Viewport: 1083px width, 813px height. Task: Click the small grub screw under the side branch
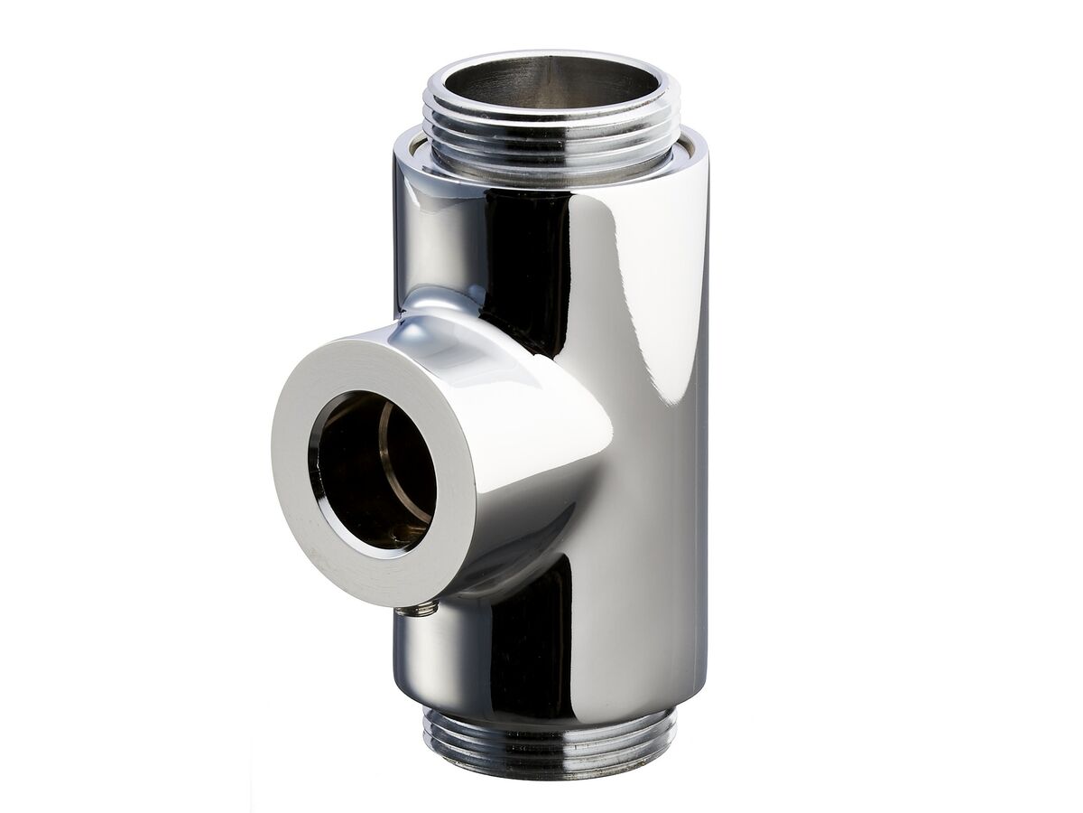point(418,611)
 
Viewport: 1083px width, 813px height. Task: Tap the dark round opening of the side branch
point(366,470)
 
